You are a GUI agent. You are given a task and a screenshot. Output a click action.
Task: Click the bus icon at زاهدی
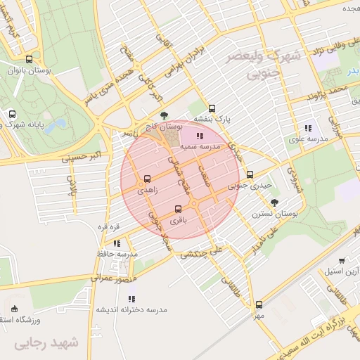point(147,179)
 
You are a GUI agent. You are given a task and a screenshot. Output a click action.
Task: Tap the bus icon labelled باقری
point(177,209)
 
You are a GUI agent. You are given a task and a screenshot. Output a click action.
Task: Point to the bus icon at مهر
point(259,304)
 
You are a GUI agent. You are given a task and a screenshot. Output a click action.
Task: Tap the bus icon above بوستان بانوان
point(28,60)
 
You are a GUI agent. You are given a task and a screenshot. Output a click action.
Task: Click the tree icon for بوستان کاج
point(164,115)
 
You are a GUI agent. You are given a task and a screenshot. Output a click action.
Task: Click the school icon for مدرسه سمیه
point(200,136)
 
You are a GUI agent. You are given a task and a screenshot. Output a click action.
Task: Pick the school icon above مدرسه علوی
point(308,128)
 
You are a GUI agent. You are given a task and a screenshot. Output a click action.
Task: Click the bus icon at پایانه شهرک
point(12,114)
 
